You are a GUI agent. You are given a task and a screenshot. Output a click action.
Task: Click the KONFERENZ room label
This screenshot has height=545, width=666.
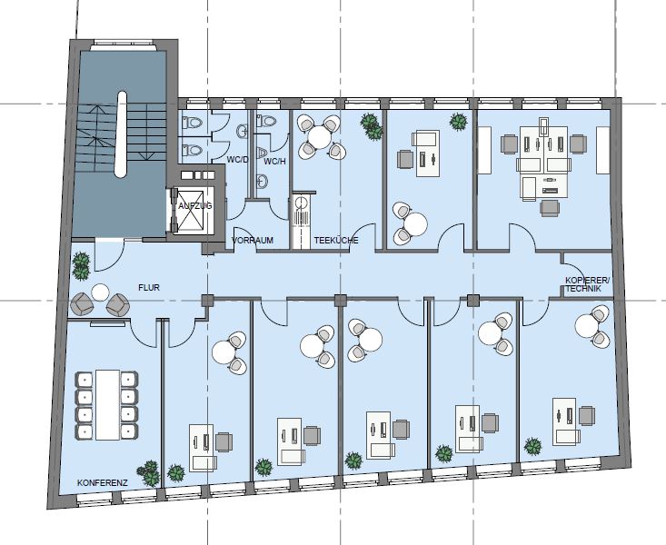103,483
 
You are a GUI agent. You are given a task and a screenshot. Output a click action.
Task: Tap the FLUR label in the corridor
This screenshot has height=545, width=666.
149,288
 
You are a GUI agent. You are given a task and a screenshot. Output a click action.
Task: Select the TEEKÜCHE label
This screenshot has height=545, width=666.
336,241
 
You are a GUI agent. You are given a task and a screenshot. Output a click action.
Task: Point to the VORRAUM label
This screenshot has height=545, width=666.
253,241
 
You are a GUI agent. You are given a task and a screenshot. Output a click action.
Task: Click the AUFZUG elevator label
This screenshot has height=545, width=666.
195,206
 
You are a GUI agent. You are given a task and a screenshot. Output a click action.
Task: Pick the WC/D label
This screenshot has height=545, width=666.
237,160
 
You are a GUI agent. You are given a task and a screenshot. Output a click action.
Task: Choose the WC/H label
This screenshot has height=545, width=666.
274,162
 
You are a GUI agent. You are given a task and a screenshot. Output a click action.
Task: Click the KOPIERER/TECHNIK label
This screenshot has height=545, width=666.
587,284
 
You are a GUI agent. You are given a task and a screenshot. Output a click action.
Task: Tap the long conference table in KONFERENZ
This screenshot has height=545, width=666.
107,405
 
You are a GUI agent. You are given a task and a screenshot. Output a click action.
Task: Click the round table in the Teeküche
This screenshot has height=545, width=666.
320,137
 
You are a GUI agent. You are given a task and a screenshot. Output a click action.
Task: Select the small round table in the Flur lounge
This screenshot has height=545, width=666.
100,292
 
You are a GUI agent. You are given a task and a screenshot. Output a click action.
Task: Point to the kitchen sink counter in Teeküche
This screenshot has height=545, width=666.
302,221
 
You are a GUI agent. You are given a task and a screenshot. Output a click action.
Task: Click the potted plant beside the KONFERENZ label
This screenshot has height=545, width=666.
149,473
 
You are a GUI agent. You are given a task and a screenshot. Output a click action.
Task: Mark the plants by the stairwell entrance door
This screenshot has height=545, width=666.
81,266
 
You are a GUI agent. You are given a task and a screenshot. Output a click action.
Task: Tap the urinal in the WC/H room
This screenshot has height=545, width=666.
263,152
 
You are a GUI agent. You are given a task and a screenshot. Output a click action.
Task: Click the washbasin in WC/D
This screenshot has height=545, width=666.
243,132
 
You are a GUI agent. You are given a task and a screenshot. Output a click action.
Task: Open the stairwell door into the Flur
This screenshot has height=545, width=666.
109,255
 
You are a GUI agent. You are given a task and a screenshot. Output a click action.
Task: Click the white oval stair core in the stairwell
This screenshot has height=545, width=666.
122,134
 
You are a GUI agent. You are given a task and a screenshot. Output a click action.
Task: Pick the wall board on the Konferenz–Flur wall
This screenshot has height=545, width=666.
108,324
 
